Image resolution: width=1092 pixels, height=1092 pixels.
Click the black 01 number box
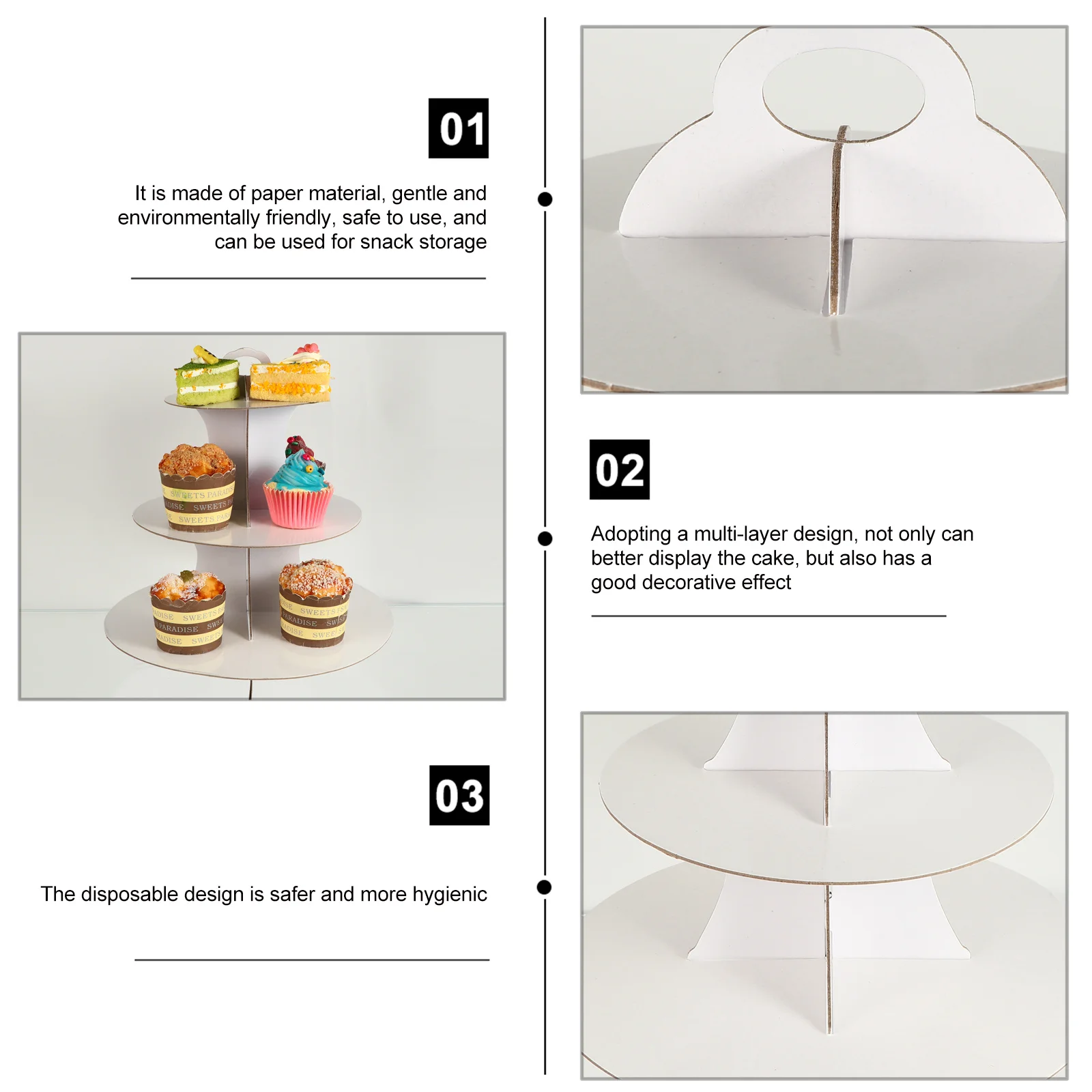coord(458,128)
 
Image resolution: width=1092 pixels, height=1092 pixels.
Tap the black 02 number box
coord(619,470)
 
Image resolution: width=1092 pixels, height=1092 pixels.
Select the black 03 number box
coord(459,795)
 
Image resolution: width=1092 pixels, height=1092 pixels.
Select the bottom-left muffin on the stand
coord(188,612)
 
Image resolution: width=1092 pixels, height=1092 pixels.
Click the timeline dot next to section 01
coord(545,199)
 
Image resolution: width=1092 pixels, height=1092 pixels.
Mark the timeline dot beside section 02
coord(545,538)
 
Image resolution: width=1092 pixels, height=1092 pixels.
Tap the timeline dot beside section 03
coord(544,887)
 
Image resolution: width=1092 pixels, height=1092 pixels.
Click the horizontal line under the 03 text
coord(312,960)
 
